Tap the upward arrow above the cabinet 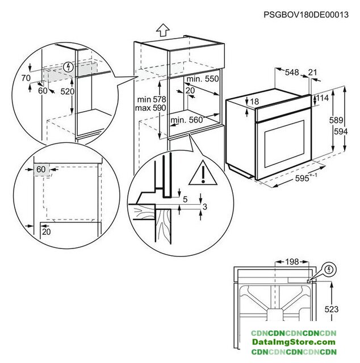(163, 29)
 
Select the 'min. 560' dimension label (186, 120)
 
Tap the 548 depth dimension (292, 72)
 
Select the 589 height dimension (337, 120)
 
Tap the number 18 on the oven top (254, 102)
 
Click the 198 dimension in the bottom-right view (291, 263)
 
